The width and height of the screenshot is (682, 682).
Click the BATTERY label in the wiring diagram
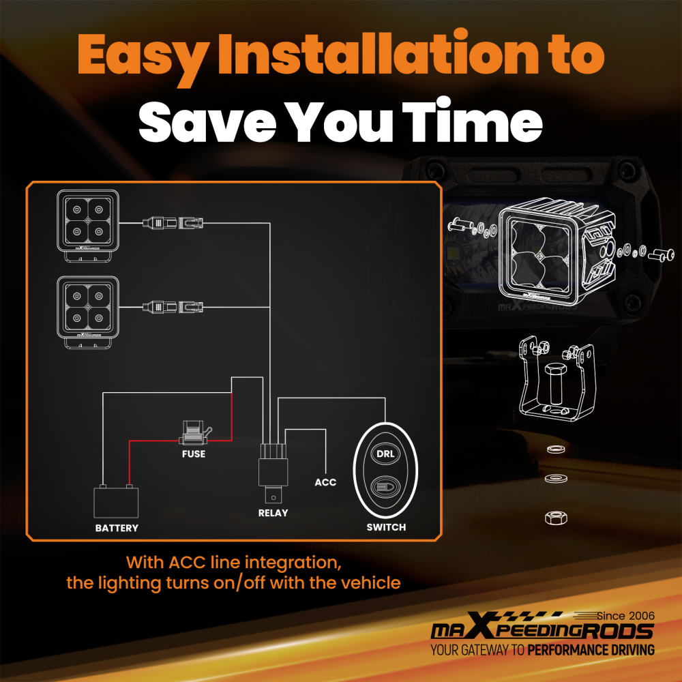pyautogui.click(x=117, y=528)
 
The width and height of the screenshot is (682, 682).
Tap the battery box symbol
pyautogui.click(x=116, y=501)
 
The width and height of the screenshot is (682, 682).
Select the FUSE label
pyautogui.click(x=194, y=454)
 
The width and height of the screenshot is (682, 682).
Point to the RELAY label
pyautogui.click(x=273, y=513)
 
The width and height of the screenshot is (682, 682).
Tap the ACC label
pyautogui.click(x=325, y=482)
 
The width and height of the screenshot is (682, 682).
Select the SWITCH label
pyautogui.click(x=386, y=527)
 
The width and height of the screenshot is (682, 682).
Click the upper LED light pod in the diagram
pyautogui.click(x=88, y=225)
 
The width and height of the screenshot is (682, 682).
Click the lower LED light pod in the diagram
pyautogui.click(x=88, y=312)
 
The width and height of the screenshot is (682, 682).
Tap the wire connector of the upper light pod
pyautogui.click(x=173, y=223)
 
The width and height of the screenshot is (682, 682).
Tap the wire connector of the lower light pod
pyautogui.click(x=173, y=307)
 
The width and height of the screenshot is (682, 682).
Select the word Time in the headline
pyautogui.click(x=472, y=119)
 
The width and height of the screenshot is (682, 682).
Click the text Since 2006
pyautogui.click(x=625, y=615)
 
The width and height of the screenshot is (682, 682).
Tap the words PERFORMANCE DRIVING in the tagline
pyautogui.click(x=591, y=650)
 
